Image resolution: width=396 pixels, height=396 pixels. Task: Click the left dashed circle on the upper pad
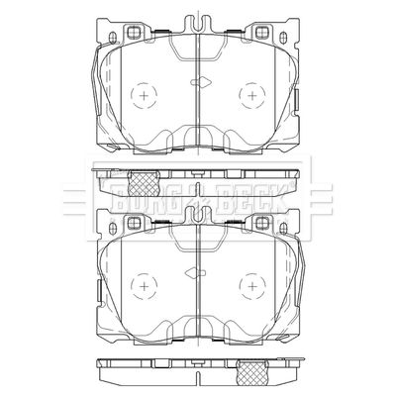[x=131, y=96]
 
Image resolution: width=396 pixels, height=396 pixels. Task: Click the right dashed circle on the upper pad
[x=239, y=96]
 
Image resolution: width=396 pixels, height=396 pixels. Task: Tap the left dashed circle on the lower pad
[x=131, y=286]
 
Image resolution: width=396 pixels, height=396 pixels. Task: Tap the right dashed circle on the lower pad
[x=239, y=286]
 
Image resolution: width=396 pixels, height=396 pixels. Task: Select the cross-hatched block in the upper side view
[x=144, y=183]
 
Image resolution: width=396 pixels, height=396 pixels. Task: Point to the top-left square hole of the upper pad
[x=134, y=33]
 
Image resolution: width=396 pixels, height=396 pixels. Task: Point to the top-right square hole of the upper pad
[x=261, y=33]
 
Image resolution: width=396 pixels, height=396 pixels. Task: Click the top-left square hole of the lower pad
[x=134, y=223]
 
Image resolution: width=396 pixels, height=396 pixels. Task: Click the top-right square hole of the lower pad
[x=261, y=223]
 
